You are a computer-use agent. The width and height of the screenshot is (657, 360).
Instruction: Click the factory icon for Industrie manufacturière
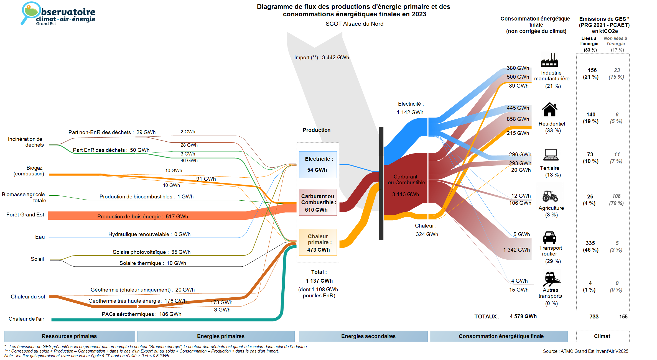tap(549, 60)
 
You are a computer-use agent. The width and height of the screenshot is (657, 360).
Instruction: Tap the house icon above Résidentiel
tap(549, 109)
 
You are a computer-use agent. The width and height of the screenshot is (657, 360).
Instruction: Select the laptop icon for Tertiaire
tap(551, 155)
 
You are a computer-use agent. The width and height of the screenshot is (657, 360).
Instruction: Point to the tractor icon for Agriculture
tap(550, 196)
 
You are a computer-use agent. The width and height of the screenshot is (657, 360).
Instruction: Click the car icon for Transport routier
tap(549, 238)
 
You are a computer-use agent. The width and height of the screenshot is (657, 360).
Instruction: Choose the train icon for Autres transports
tap(551, 279)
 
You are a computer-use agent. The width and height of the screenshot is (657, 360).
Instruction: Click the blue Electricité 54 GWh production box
tap(318, 164)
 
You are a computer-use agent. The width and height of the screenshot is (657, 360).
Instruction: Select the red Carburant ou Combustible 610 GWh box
tap(318, 203)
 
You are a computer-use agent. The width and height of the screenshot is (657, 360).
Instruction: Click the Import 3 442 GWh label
tap(322, 57)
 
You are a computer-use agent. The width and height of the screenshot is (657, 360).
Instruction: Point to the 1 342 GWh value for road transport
tap(516, 250)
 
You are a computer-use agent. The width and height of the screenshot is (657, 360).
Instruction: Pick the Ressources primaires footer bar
tap(69, 336)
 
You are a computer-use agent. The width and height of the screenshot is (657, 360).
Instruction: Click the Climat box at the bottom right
tap(602, 336)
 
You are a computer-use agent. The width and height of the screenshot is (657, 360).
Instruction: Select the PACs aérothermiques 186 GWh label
tap(141, 314)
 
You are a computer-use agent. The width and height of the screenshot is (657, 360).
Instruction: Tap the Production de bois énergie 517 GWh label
tap(142, 216)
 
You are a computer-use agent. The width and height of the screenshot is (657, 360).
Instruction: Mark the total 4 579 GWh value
tap(523, 316)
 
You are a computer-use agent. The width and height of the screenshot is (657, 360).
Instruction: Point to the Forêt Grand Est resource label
tap(25, 215)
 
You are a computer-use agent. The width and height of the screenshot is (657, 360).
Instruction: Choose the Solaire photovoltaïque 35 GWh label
tap(151, 252)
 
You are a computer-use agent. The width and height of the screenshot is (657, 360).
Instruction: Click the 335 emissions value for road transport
tap(590, 243)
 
